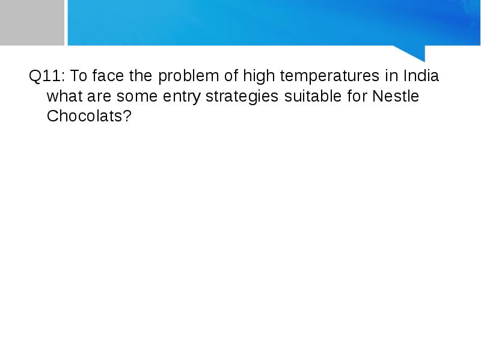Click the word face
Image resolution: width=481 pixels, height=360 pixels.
tap(108, 76)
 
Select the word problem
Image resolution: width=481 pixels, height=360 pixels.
tap(188, 77)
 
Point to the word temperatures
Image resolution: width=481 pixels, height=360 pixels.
tap(329, 77)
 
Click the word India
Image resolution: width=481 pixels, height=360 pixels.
tap(421, 76)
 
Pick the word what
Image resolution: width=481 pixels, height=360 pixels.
tap(64, 96)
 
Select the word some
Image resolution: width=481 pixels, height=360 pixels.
tap(137, 97)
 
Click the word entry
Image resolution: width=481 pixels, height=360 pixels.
tap(182, 97)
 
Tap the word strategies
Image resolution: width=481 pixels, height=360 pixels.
tap(242, 97)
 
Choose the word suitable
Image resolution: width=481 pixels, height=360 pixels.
tap(313, 96)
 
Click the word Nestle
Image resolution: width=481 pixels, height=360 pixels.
tap(396, 96)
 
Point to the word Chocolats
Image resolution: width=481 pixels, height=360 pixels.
tap(85, 116)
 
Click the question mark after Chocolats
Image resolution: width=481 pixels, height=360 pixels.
tap(127, 116)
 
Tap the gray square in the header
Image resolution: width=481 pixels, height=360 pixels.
tap(32, 23)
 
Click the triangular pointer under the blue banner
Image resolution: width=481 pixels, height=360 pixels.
tap(414, 53)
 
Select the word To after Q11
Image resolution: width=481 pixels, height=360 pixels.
tap(79, 76)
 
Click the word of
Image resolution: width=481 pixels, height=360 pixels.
tap(231, 76)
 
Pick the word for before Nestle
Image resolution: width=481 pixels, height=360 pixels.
tap(357, 96)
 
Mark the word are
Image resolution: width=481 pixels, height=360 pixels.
tap(99, 97)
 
